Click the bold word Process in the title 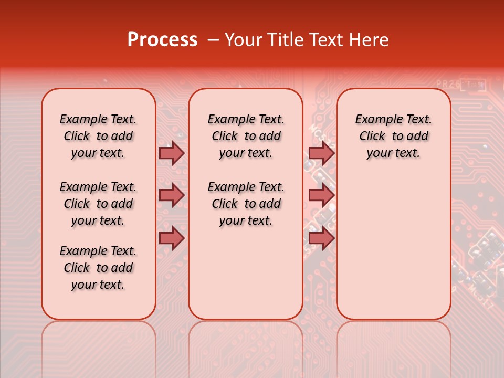point(162,40)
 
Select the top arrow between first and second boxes point(172,153)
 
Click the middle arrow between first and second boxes point(172,195)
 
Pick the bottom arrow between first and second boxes point(172,238)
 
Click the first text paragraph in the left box point(98,136)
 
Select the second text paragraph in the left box point(98,204)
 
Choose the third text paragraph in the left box point(98,268)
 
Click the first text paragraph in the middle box point(246,136)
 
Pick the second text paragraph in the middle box point(246,204)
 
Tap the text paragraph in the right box point(393,136)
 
